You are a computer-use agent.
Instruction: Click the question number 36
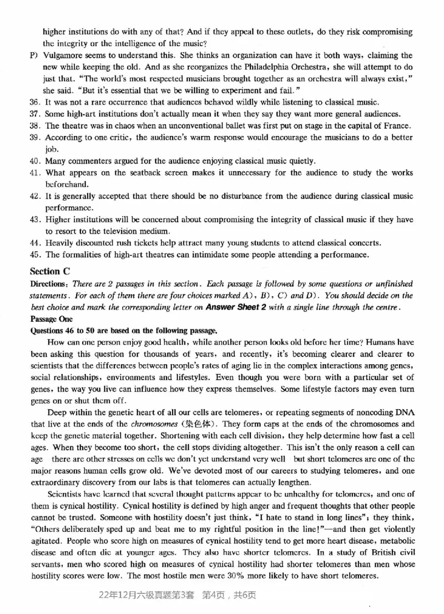click(x=36, y=102)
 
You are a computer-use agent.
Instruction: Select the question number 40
click(x=36, y=161)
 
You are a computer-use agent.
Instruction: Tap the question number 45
click(x=36, y=255)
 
